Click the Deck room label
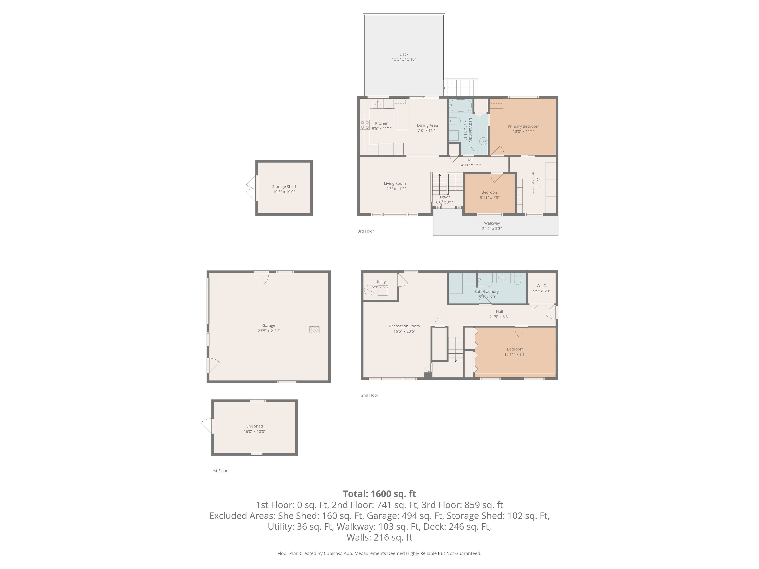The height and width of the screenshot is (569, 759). click(x=404, y=54)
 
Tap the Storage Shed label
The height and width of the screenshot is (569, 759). click(x=284, y=187)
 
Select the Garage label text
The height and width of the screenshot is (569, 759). click(x=269, y=325)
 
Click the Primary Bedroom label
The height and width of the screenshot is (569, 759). click(x=523, y=126)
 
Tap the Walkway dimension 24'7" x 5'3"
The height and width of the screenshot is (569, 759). click(x=492, y=228)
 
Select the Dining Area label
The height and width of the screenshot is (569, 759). click(x=427, y=125)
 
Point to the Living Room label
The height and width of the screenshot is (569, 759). click(x=395, y=184)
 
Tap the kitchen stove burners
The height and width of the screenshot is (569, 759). click(x=365, y=125)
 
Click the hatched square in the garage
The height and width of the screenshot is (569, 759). click(x=314, y=330)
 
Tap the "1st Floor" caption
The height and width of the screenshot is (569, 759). click(x=220, y=471)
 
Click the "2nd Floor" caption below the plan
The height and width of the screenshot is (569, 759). click(x=370, y=395)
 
